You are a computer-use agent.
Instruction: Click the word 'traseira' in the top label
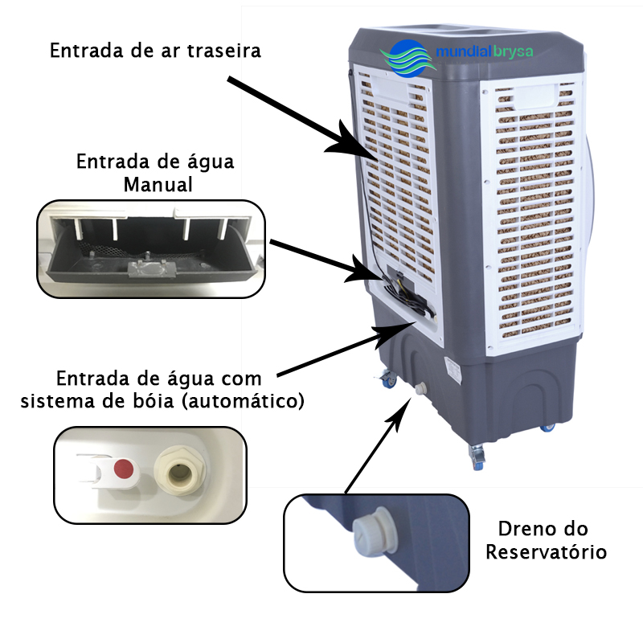click(x=224, y=51)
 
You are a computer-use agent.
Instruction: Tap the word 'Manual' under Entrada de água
click(x=158, y=185)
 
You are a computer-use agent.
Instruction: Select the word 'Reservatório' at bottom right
click(x=546, y=551)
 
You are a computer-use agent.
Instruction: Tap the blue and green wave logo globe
click(x=408, y=58)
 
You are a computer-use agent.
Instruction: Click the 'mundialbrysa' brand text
click(x=485, y=52)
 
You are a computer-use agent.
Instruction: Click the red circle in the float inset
click(x=125, y=468)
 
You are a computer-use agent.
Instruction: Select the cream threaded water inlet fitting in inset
click(x=179, y=471)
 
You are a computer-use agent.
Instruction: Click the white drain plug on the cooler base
click(x=420, y=389)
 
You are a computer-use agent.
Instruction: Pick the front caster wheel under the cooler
click(x=477, y=457)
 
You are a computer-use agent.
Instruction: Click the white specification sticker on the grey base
click(x=453, y=370)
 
